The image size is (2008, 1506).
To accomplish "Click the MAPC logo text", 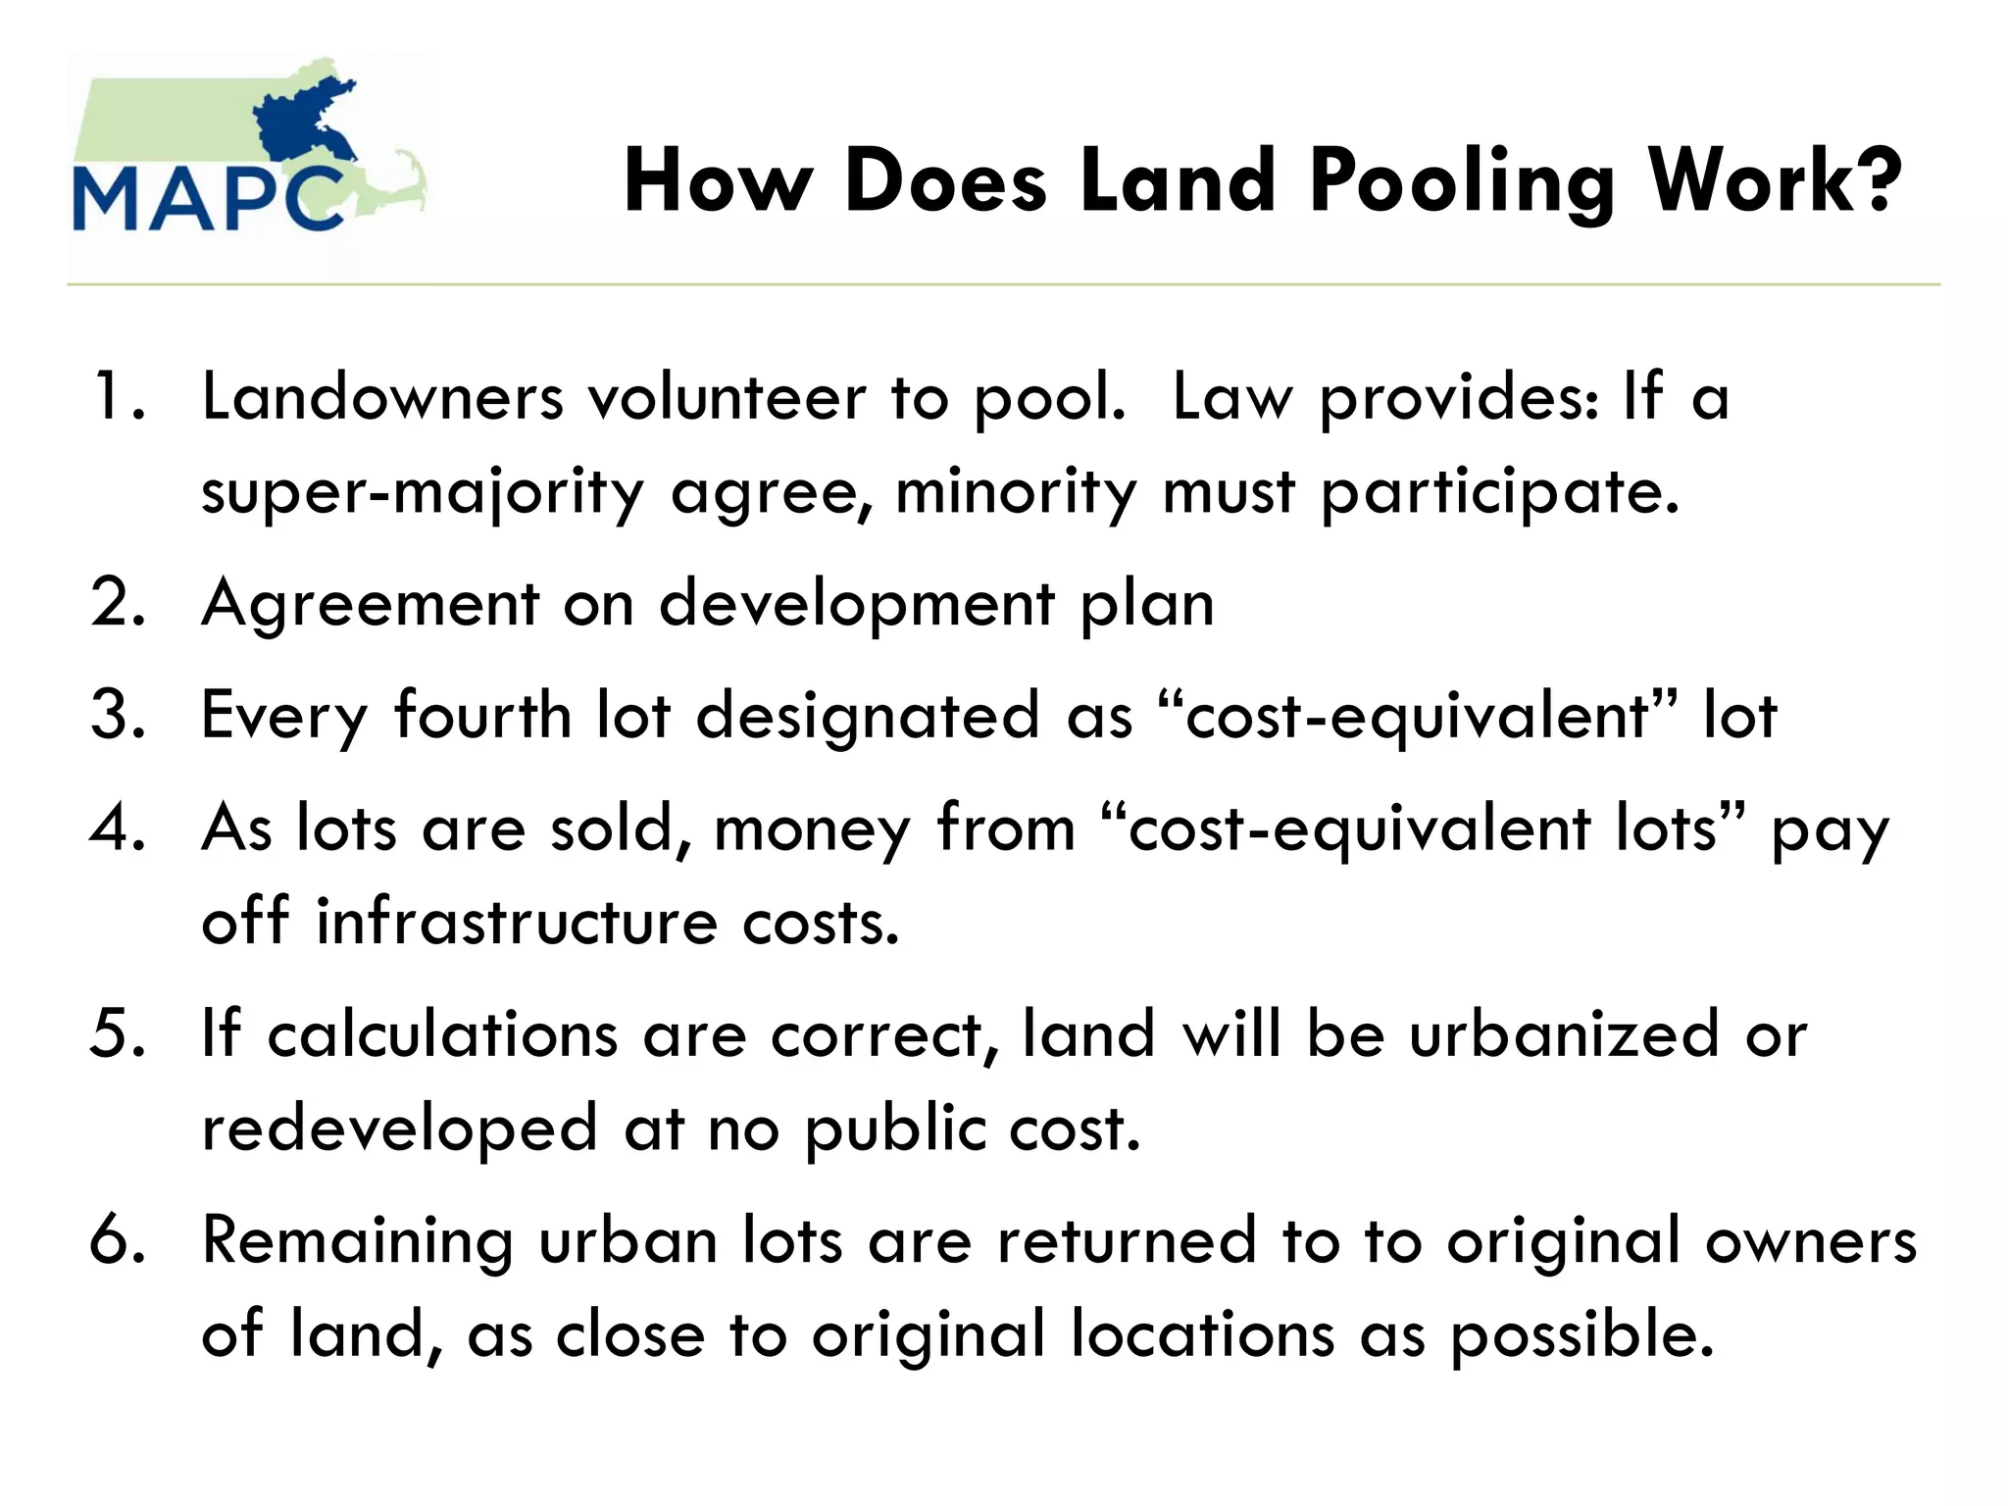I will [209, 199].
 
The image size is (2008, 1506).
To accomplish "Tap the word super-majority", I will [423, 493].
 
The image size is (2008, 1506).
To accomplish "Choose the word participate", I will [1500, 493].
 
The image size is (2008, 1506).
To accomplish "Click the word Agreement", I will [370, 604].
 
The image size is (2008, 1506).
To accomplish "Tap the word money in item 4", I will [812, 829].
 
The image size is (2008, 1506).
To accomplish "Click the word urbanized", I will [1564, 1034].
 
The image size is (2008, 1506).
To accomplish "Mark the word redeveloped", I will [399, 1129].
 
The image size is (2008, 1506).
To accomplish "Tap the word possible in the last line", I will [1582, 1336].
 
